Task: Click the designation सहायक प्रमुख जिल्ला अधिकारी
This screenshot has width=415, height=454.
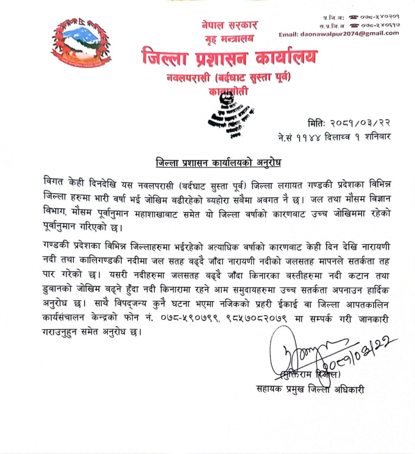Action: coord(310,389)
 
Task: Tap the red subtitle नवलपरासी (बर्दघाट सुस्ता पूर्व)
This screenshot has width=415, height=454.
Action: coord(229,78)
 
